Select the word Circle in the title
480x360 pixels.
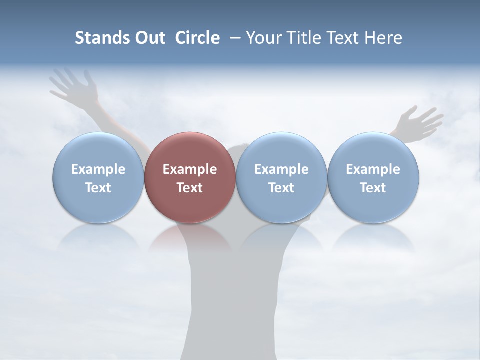click(x=197, y=38)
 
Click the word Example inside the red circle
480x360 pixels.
click(x=190, y=169)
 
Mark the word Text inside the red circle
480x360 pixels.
click(x=190, y=188)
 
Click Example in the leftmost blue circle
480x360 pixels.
click(x=98, y=169)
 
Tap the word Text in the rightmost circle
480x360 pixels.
click(x=373, y=188)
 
